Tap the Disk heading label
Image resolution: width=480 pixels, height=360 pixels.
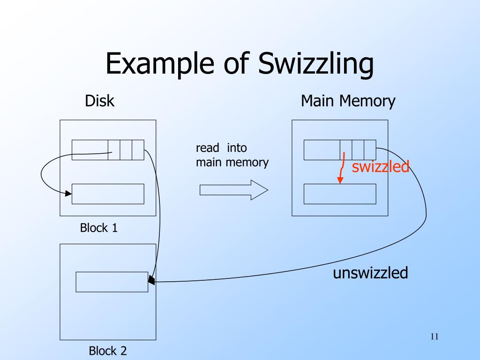tap(99, 101)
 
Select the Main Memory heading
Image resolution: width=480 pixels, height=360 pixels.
tap(348, 101)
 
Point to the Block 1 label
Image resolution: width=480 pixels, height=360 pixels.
tap(99, 228)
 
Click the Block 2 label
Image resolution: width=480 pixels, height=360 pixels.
tap(108, 350)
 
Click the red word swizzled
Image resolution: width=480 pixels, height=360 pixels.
tap(381, 166)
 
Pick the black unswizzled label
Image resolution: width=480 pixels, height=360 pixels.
tap(370, 273)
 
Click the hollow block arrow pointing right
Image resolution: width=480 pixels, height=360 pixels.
tap(233, 189)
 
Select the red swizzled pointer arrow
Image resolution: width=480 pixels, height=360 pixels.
tap(342, 169)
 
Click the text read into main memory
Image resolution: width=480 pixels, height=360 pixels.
tap(232, 155)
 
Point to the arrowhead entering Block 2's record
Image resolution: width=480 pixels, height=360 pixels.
tap(151, 280)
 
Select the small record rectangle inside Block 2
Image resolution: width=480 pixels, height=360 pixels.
tap(112, 282)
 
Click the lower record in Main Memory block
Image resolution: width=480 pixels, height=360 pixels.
tap(340, 194)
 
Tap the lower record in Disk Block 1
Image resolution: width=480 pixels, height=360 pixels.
tap(108, 194)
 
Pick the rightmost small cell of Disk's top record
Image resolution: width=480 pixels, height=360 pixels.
tap(138, 150)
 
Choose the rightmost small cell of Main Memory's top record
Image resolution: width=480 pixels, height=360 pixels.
tap(370, 150)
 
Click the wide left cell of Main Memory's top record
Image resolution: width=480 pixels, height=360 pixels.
tap(322, 150)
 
